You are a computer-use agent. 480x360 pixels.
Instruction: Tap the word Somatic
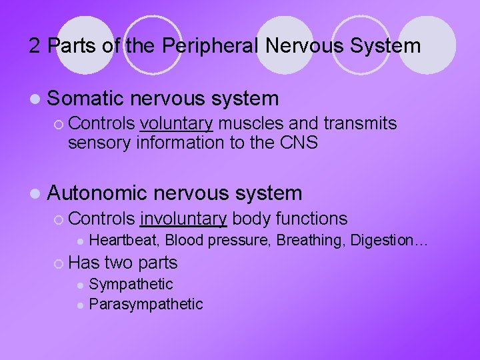point(87,99)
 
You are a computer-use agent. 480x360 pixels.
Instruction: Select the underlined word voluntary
point(177,123)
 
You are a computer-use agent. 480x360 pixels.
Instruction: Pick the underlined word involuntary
point(184,218)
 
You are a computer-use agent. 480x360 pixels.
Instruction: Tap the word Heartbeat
point(125,240)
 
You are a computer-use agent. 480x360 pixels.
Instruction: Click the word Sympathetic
point(131,285)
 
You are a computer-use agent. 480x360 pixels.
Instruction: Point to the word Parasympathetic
point(145,304)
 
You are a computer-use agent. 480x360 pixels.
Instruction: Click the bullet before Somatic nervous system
point(34,99)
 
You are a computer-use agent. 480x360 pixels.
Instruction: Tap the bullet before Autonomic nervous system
point(34,194)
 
